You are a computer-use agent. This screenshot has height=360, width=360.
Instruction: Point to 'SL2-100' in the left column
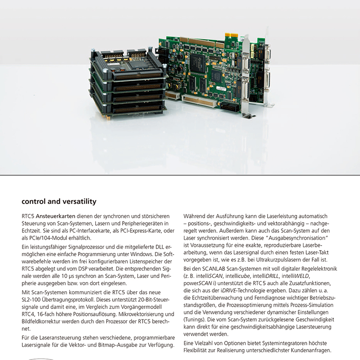[33, 299]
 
